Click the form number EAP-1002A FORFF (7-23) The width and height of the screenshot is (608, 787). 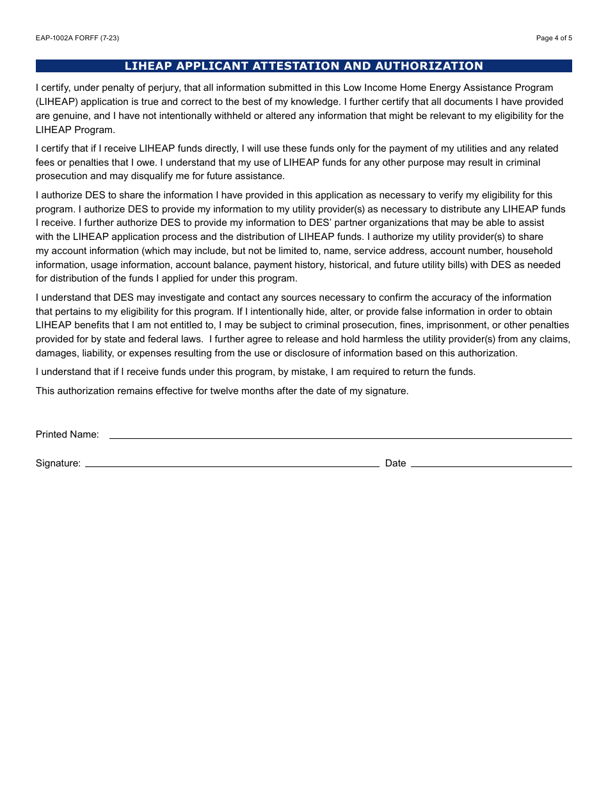coord(77,38)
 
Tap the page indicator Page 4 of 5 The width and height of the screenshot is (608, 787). coord(554,38)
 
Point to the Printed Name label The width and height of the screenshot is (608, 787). coord(67,434)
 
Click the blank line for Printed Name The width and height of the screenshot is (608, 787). coord(340,434)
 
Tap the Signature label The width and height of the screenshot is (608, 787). coord(58,463)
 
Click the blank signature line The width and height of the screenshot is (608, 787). coord(232,462)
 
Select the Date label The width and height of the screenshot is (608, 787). coord(396,463)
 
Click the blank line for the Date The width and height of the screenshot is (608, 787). coord(491,462)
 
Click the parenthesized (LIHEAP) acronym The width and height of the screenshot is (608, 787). coord(57,102)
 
